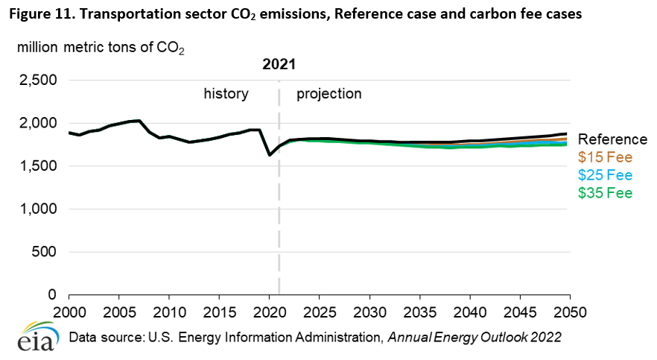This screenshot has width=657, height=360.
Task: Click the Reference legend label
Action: (613, 139)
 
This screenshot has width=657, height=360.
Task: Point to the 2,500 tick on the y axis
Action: (37, 80)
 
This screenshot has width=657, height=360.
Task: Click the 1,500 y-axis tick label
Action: (37, 166)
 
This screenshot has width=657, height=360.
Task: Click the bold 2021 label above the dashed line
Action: (279, 65)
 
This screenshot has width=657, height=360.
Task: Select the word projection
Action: (328, 94)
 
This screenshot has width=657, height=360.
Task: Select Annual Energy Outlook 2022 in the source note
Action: (475, 338)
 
